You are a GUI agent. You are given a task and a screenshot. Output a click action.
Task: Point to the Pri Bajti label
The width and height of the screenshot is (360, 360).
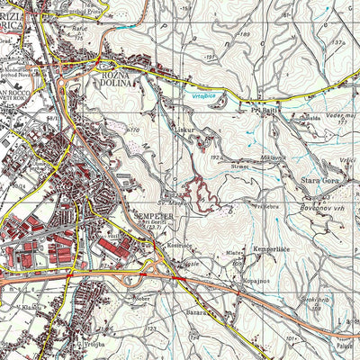pos(263,111)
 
